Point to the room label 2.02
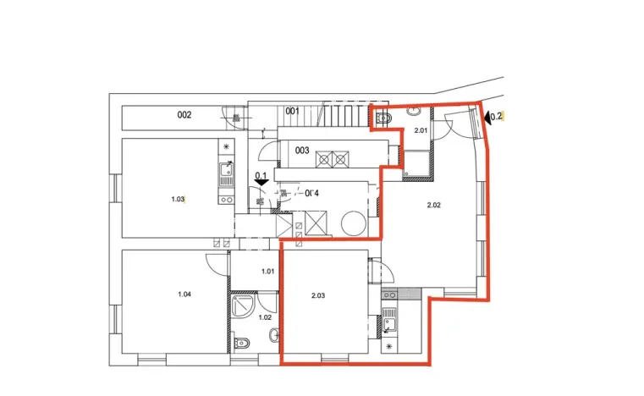tap(434, 205)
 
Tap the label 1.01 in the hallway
tap(268, 272)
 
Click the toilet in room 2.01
tap(383, 119)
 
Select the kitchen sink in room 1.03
tap(225, 175)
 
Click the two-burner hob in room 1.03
tap(225, 201)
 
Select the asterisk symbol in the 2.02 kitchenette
tap(389, 347)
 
